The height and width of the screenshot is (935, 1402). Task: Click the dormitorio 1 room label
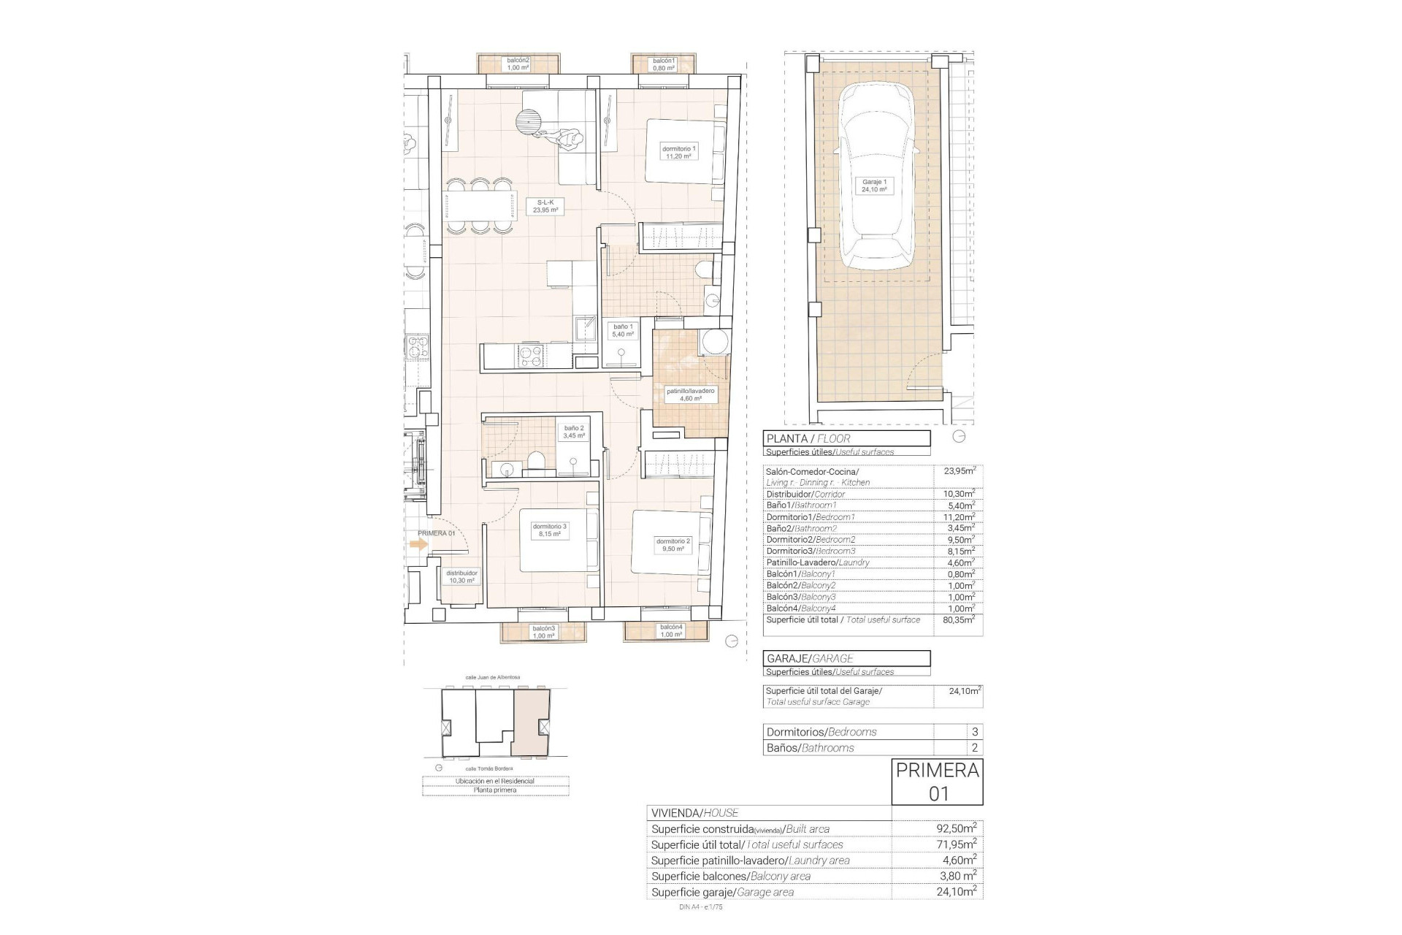678,152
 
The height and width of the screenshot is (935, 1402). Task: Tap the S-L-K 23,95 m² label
545,206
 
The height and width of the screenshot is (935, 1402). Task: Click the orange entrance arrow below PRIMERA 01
418,544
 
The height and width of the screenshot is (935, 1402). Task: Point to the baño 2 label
573,432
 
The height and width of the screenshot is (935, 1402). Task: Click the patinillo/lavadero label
689,395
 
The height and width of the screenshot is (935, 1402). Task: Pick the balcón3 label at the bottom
543,632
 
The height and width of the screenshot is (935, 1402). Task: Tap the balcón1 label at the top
664,64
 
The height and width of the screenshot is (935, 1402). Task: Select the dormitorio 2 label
673,545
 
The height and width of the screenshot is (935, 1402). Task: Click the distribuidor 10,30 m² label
461,577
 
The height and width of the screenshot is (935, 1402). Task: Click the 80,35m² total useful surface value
959,619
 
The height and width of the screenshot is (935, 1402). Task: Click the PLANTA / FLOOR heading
846,438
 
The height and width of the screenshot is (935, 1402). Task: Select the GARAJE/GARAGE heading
846,658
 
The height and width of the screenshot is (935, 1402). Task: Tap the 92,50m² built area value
956,828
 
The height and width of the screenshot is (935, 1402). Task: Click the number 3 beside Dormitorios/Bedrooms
974,731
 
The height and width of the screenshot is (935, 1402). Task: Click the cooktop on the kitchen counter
530,356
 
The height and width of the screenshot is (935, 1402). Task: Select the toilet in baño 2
535,462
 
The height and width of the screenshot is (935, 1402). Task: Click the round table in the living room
529,122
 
